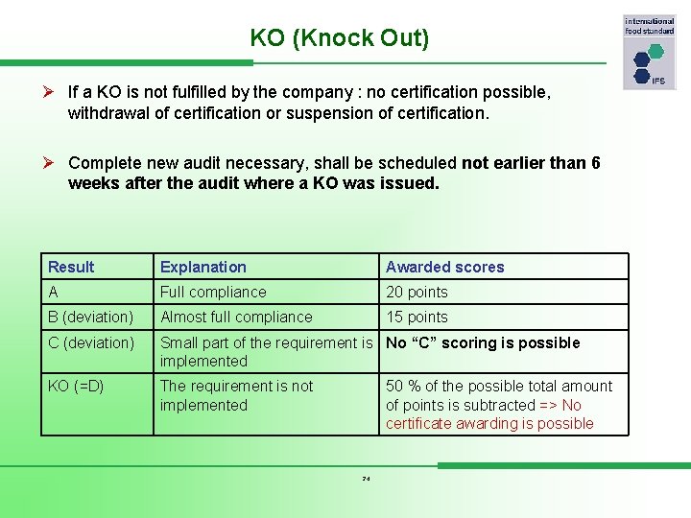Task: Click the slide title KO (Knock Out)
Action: click(339, 38)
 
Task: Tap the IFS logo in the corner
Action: click(650, 53)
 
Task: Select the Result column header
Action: click(71, 267)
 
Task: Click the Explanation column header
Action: click(203, 267)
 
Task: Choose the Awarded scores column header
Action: click(444, 267)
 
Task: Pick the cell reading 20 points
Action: click(417, 292)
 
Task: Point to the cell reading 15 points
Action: click(417, 317)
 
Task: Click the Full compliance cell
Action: click(213, 292)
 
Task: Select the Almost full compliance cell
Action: click(236, 317)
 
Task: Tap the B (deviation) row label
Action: click(90, 317)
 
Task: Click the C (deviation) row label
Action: click(91, 342)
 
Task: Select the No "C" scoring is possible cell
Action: click(483, 342)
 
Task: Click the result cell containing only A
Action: click(53, 292)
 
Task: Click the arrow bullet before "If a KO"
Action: click(54, 92)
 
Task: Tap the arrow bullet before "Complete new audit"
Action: click(54, 163)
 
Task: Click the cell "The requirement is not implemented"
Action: click(236, 395)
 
